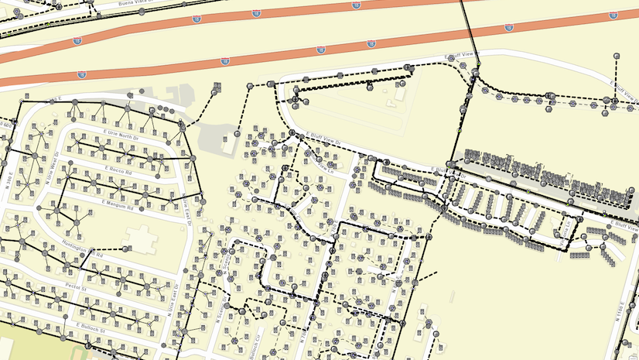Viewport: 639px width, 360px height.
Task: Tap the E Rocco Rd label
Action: coord(118,168)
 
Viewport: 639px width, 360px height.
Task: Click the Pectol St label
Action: coord(77,286)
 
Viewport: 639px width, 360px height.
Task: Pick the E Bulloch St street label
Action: coord(91,328)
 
